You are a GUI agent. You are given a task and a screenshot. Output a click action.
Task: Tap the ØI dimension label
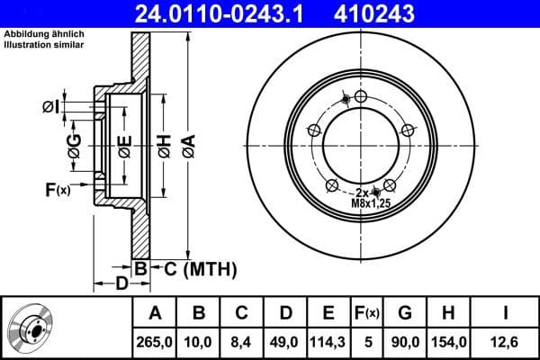[50, 107]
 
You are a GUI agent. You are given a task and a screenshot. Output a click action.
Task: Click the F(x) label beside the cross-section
[57, 189]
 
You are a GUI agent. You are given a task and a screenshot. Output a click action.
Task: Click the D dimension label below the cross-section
[120, 284]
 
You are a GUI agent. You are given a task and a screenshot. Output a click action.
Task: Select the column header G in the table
[405, 313]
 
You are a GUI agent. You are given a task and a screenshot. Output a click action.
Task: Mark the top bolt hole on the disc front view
[361, 97]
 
